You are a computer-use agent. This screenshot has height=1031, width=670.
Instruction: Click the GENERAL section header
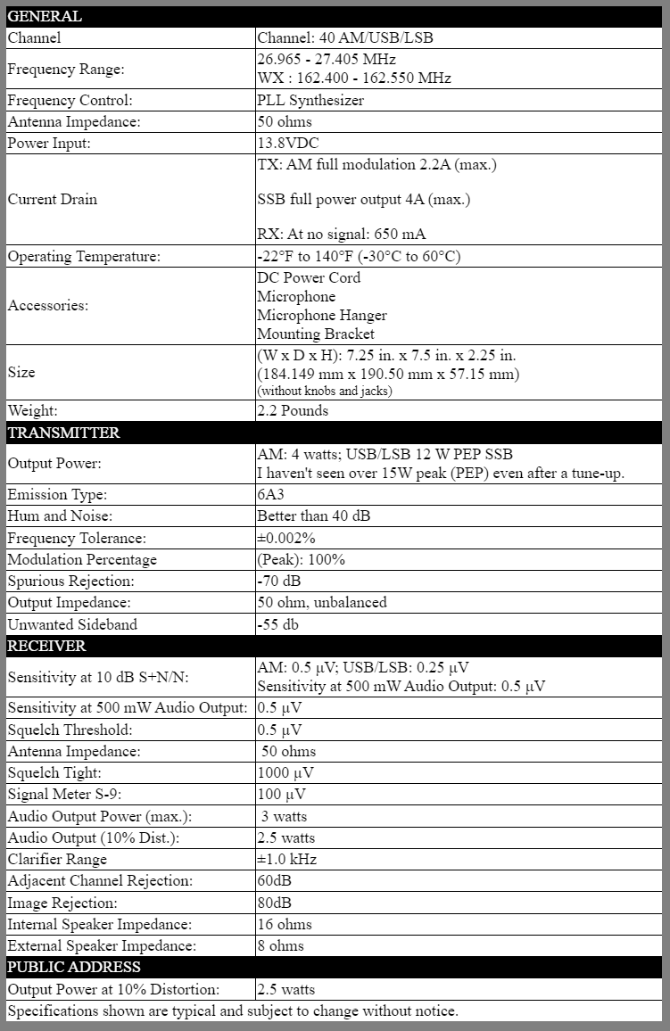(45, 16)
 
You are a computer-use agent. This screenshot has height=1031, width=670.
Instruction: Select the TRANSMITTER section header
(63, 433)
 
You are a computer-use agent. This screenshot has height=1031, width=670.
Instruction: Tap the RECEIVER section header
(46, 645)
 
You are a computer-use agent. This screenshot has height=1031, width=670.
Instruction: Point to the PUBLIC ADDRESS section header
(74, 967)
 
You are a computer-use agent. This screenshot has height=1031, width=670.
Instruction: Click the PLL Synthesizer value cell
(310, 101)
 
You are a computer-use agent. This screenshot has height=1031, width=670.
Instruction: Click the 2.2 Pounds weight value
(293, 411)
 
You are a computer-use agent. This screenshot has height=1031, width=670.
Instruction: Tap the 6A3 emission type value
(273, 495)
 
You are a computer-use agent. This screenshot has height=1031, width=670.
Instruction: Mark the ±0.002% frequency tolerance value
(286, 538)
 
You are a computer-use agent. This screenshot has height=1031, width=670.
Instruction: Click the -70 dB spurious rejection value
(279, 581)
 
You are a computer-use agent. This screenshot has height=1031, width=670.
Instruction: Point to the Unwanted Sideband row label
(72, 624)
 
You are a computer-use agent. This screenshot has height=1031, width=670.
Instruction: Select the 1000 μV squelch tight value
(285, 773)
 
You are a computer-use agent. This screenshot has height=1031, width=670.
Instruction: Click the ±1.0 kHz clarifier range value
(286, 860)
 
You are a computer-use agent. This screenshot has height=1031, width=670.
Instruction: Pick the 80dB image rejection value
(274, 903)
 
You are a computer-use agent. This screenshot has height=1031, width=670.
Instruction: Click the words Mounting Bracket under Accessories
(316, 334)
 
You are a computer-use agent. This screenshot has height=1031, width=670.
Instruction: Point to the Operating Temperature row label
(84, 257)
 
